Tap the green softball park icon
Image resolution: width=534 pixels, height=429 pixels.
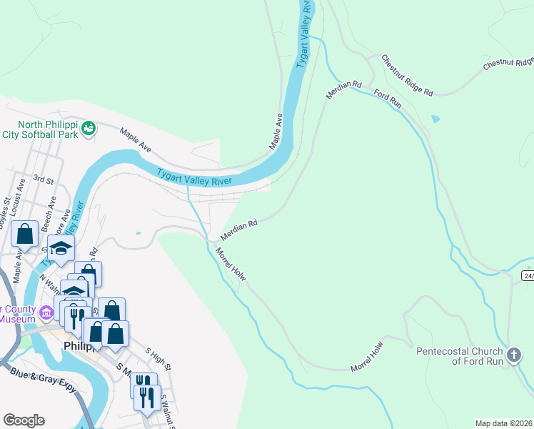point(89,128)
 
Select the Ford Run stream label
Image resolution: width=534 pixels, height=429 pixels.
point(388,99)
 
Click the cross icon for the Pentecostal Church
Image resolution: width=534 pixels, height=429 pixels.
point(513,355)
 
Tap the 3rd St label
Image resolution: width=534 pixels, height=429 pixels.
point(44,181)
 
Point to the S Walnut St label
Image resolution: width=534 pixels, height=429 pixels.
point(168,410)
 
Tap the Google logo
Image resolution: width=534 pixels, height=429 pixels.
point(24,420)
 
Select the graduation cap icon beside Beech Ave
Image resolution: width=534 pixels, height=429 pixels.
point(62,248)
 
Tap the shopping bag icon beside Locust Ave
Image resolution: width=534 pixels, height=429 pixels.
point(24,234)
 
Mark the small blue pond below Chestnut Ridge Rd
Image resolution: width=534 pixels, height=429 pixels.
point(435,119)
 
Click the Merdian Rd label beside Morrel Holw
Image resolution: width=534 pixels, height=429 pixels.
point(238,229)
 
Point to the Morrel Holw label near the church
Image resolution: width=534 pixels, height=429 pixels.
point(367,357)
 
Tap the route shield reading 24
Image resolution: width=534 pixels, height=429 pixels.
point(528,275)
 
